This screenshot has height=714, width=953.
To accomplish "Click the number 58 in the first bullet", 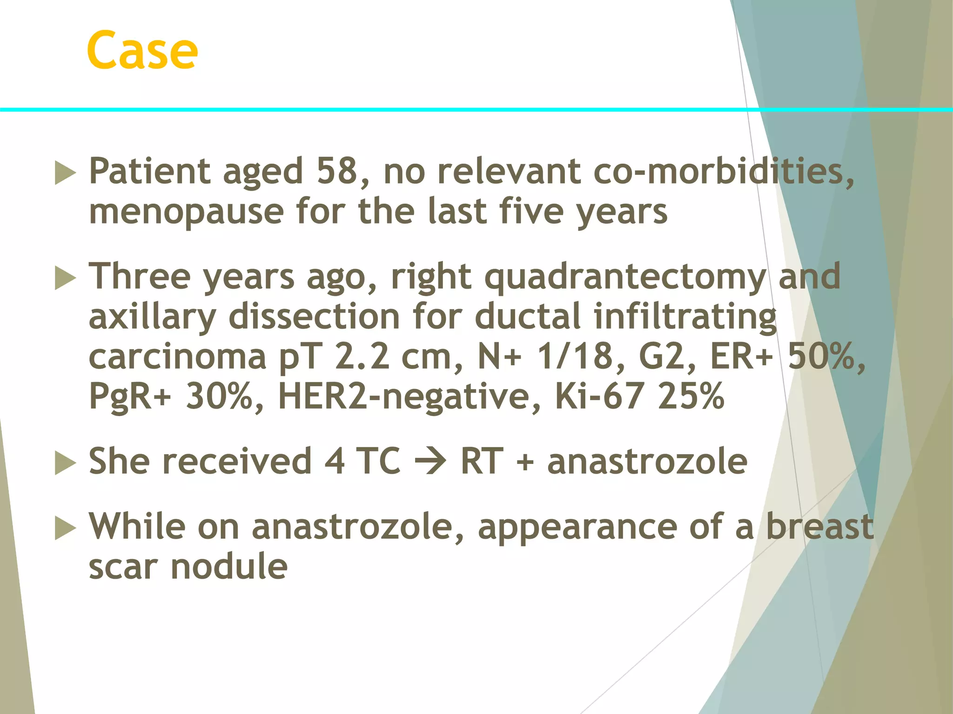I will pyautogui.click(x=337, y=171).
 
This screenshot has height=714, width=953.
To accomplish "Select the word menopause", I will pyautogui.click(x=186, y=212).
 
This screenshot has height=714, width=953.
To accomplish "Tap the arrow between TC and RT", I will pyautogui.click(x=430, y=462).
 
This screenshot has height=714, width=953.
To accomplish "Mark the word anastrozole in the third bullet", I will pyautogui.click(x=647, y=462).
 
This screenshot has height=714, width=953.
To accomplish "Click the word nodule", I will pyautogui.click(x=229, y=567).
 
